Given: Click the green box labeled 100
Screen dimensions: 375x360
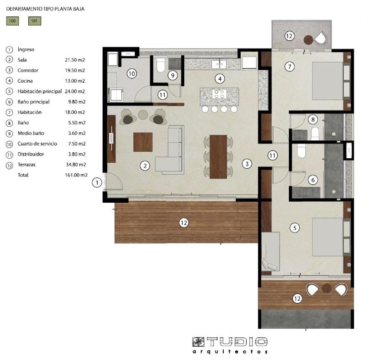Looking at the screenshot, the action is point(12,21).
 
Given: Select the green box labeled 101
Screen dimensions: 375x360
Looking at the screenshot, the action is point(35,21).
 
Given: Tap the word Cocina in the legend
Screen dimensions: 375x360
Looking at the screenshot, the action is point(25,81).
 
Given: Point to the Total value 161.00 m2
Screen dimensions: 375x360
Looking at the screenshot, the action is point(76,175).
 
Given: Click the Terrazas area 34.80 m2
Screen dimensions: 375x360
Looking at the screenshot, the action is point(76,165).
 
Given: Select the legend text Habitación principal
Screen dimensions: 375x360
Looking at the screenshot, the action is point(39,91).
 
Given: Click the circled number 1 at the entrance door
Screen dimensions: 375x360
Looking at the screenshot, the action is point(97,183).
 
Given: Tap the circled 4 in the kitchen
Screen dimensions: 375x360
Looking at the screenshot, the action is point(220,78).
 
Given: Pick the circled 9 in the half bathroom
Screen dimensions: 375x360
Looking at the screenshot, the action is point(173,75).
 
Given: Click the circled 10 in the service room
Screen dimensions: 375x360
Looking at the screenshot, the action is point(132,73).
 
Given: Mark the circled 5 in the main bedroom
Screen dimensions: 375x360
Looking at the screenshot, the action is point(295,228).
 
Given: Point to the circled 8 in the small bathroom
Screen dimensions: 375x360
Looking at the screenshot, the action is point(313,119).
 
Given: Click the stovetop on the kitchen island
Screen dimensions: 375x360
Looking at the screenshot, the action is point(219,94).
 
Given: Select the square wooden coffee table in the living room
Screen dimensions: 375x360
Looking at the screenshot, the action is point(143,142).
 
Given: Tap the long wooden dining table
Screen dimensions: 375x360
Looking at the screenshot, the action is point(218,157).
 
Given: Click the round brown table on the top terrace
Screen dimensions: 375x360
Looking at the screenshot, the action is point(309,40).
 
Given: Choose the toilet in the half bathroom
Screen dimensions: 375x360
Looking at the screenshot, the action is point(160,65).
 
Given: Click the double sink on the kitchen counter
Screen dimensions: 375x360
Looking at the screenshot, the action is point(219,64).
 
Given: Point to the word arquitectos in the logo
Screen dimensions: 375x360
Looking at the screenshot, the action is point(230,352).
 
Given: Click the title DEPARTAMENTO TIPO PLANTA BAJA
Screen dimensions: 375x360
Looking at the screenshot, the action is point(45,9).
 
